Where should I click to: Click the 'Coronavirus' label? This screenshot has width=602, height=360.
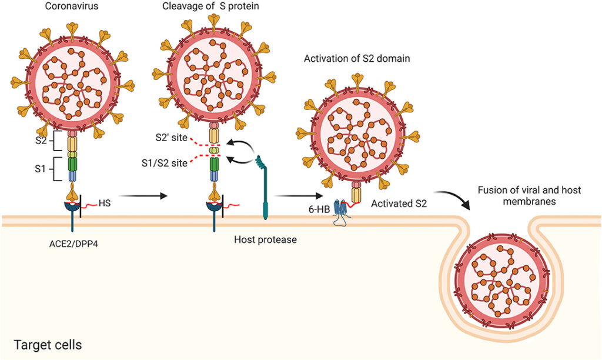(71, 6)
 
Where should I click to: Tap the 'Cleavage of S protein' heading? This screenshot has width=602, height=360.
(210, 6)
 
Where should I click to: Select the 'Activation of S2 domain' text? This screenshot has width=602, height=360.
(357, 58)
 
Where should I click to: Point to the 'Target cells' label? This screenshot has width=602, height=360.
(48, 345)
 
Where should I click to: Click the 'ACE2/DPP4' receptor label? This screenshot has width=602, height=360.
(73, 244)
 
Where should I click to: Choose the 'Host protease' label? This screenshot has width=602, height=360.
(265, 240)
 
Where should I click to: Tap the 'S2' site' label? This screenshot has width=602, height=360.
(171, 137)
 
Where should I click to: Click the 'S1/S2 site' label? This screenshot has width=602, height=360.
(165, 163)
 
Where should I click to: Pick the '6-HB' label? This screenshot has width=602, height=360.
(319, 210)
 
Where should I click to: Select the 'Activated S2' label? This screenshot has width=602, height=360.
(399, 204)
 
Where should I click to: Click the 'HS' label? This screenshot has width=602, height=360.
(105, 203)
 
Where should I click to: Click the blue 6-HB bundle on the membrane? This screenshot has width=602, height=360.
(340, 212)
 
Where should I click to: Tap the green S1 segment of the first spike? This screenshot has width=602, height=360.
(72, 164)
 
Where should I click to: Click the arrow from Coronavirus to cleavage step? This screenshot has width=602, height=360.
(144, 196)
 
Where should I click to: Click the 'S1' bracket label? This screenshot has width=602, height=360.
(40, 168)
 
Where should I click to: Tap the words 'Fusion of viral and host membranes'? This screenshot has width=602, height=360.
(529, 195)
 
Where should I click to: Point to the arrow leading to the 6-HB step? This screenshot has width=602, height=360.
(299, 196)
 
